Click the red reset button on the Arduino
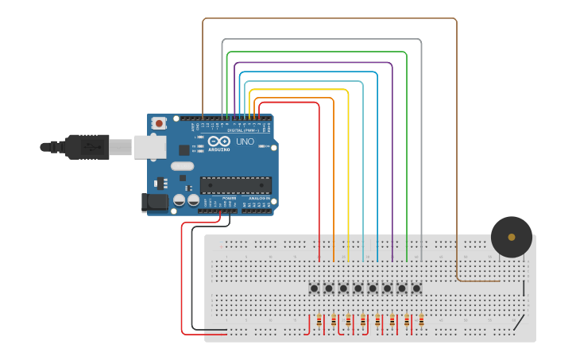160,123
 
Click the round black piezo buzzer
511,237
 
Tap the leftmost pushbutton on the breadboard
314,288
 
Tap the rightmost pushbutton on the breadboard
416,288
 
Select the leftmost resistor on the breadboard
319,321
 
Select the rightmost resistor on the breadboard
421,321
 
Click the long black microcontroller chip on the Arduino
235,185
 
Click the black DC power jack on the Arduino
155,203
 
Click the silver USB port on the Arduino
149,146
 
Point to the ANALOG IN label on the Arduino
257,198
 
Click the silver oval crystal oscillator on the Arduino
181,166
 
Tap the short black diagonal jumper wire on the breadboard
518,323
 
